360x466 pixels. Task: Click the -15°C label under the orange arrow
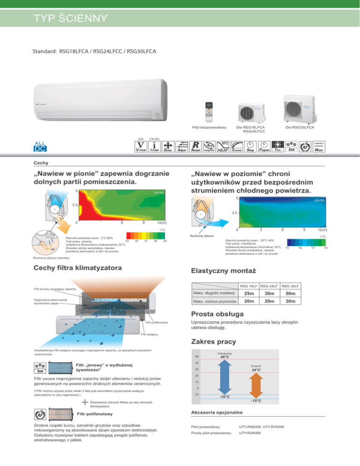point(255,401)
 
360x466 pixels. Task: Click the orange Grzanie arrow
point(255,384)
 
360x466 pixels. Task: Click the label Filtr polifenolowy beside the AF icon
point(94,414)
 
